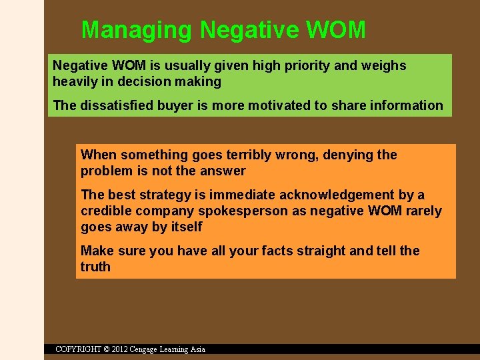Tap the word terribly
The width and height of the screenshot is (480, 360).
pos(247,155)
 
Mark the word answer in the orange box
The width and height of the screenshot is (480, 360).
pos(223,171)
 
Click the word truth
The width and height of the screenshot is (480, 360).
pos(95,267)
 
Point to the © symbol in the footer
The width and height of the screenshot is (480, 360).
pos(107,349)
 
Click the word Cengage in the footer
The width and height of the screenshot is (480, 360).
pos(149,349)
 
